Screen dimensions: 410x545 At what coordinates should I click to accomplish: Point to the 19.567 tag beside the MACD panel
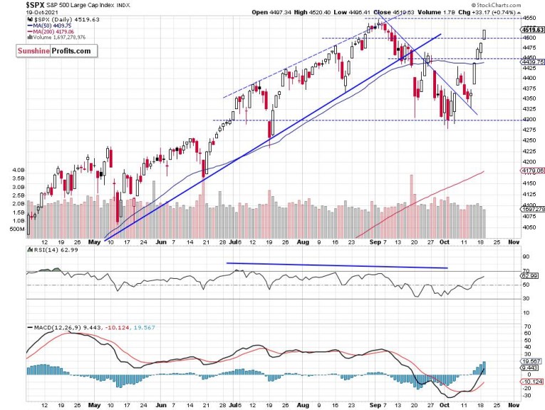pos(536,362)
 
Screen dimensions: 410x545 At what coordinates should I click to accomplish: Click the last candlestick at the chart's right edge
pos(484,34)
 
